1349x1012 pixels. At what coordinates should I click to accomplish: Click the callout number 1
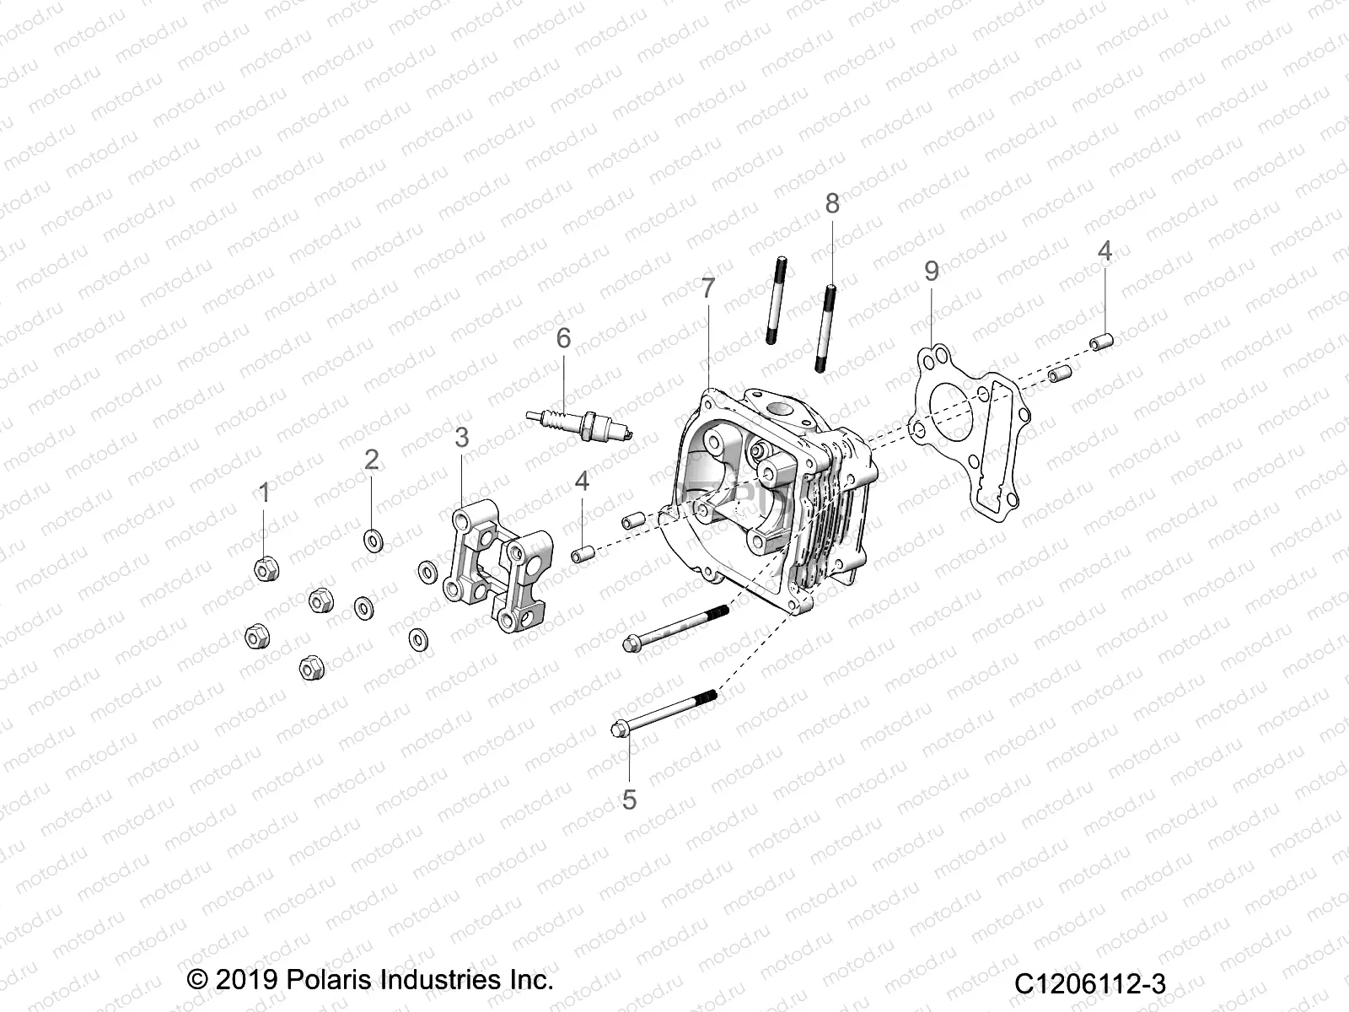pos(264,493)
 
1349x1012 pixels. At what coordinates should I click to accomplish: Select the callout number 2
pos(371,460)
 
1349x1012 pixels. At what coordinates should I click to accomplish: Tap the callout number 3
pos(461,437)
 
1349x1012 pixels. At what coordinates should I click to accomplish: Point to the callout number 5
pos(629,799)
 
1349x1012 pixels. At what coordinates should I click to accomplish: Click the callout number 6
pos(563,338)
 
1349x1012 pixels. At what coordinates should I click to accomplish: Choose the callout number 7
pos(707,288)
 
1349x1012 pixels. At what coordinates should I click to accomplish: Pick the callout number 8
pos(831,203)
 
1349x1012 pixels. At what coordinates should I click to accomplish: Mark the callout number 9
pos(931,271)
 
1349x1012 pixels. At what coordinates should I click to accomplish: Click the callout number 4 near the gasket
pos(1104,250)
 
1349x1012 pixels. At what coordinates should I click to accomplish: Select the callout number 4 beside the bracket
pos(582,481)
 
